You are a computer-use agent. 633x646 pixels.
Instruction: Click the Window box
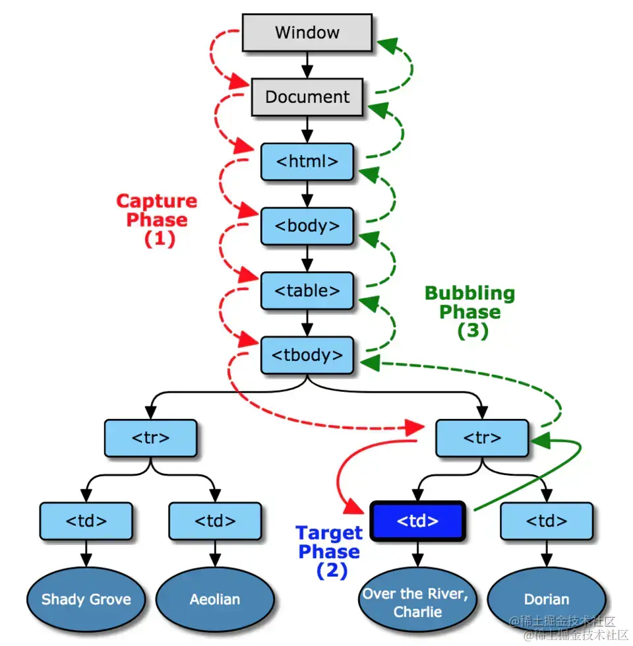click(307, 32)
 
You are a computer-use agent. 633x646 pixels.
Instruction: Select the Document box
click(307, 97)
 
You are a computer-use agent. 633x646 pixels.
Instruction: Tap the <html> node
click(307, 162)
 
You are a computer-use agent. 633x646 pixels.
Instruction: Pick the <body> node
click(307, 226)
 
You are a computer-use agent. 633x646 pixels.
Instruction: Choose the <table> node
click(307, 290)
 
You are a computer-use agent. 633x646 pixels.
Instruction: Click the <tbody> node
click(307, 355)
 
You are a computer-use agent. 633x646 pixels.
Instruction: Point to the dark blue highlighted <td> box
click(417, 521)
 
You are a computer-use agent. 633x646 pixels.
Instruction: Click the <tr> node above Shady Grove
click(151, 437)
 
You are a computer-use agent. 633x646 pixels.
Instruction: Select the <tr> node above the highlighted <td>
click(482, 437)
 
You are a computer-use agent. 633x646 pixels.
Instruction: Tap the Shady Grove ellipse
click(86, 599)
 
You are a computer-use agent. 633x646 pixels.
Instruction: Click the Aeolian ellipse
click(215, 599)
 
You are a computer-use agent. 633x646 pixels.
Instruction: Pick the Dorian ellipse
click(546, 599)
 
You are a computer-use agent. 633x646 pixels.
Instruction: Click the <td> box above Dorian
click(546, 521)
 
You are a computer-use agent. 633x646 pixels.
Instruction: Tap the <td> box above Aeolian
click(215, 521)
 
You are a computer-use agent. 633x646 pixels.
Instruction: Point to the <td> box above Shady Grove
click(86, 521)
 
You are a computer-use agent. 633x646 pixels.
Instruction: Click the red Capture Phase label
click(157, 220)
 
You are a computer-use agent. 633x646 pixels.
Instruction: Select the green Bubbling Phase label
click(469, 311)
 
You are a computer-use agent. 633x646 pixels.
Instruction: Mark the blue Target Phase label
click(329, 551)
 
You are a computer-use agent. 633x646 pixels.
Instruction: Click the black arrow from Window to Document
click(307, 65)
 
